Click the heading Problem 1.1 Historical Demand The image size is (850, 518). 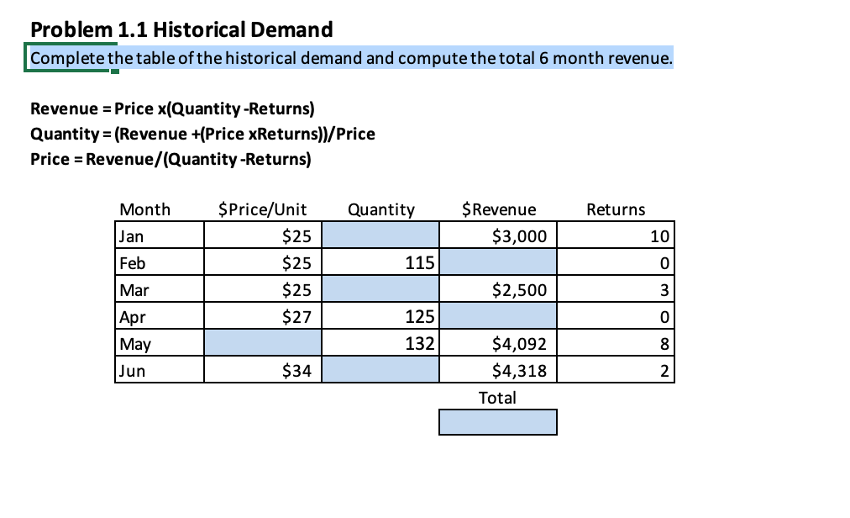click(x=181, y=30)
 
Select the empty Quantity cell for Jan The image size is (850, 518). click(x=380, y=235)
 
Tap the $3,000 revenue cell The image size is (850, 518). click(x=497, y=235)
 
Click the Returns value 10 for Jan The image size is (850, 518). click(x=615, y=235)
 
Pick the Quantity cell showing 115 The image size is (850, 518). click(x=380, y=263)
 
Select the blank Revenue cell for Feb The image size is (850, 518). click(x=497, y=263)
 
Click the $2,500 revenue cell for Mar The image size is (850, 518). click(x=497, y=290)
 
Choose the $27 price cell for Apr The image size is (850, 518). click(x=261, y=317)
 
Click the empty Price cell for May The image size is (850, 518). click(x=261, y=343)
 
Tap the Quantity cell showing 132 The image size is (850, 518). click(x=380, y=343)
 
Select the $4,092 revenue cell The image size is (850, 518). click(x=497, y=343)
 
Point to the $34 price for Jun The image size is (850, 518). click(x=261, y=370)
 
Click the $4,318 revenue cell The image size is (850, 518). click(x=497, y=370)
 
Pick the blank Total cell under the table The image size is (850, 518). click(x=497, y=422)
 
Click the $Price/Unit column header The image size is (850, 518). click(x=262, y=209)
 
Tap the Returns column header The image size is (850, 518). click(x=616, y=209)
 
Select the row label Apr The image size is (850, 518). click(x=133, y=317)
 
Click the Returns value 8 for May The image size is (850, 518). click(x=615, y=343)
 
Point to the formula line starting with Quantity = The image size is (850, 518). click(x=202, y=134)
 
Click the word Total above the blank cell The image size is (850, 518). click(x=497, y=398)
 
